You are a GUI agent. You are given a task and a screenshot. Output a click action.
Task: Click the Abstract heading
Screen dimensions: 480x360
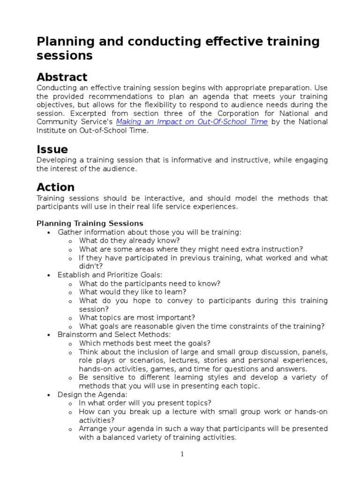62,77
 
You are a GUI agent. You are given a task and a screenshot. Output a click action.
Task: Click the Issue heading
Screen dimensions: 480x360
52,150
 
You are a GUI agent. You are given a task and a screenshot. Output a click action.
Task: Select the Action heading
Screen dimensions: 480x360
55,187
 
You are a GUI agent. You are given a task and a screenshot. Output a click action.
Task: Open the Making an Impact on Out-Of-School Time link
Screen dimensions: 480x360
192,122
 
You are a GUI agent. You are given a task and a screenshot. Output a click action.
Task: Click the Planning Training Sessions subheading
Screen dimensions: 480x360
90,223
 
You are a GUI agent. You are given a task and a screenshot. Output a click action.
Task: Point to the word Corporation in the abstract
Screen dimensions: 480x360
238,113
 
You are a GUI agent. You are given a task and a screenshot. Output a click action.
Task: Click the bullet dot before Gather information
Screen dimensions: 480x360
49,232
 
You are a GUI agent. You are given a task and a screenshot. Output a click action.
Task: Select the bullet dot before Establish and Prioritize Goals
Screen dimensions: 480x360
49,275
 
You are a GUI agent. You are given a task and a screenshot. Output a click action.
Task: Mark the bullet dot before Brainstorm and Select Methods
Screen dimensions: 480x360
49,335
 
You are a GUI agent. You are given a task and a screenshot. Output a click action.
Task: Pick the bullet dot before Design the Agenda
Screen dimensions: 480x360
49,395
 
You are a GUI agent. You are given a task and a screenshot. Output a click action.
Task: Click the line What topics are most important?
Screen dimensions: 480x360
137,318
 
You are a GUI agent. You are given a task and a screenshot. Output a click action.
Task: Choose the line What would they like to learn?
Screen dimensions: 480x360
133,292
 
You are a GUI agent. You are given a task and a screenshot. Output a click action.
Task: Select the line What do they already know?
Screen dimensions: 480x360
129,241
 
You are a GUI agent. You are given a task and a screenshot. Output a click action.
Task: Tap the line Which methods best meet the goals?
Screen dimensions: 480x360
144,343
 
